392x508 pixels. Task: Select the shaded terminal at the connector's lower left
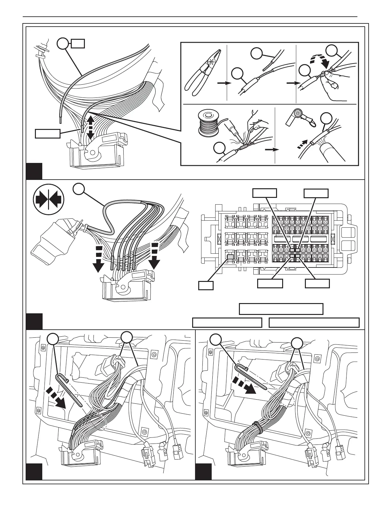point(230,256)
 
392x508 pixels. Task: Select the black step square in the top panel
point(34,171)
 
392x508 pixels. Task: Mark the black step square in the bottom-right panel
point(203,471)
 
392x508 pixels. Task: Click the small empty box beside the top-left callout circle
point(78,43)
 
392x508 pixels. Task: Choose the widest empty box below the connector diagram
point(314,323)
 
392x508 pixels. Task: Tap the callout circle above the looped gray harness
point(78,189)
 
